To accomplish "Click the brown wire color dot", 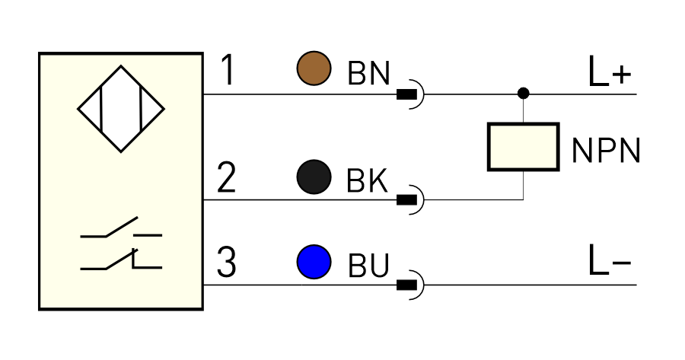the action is click(x=314, y=68).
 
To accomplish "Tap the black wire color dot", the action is click(x=314, y=177).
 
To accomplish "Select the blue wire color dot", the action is click(x=314, y=262).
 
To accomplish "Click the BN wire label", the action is click(x=368, y=73).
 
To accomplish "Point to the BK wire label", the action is click(x=367, y=180).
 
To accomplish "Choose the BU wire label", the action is click(x=368, y=265).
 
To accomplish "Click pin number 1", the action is click(x=228, y=69).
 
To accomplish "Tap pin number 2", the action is click(x=226, y=177).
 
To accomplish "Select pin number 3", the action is click(x=226, y=262).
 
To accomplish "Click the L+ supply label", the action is click(x=610, y=72).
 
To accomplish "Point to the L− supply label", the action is click(x=610, y=260).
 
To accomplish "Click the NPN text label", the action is click(x=606, y=151).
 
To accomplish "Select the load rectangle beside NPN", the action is click(x=524, y=147).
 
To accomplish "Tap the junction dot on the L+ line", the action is click(x=524, y=93).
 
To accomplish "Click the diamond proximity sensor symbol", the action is click(x=121, y=109).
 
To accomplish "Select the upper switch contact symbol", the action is click(x=121, y=228).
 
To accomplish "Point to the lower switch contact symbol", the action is click(x=121, y=260).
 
